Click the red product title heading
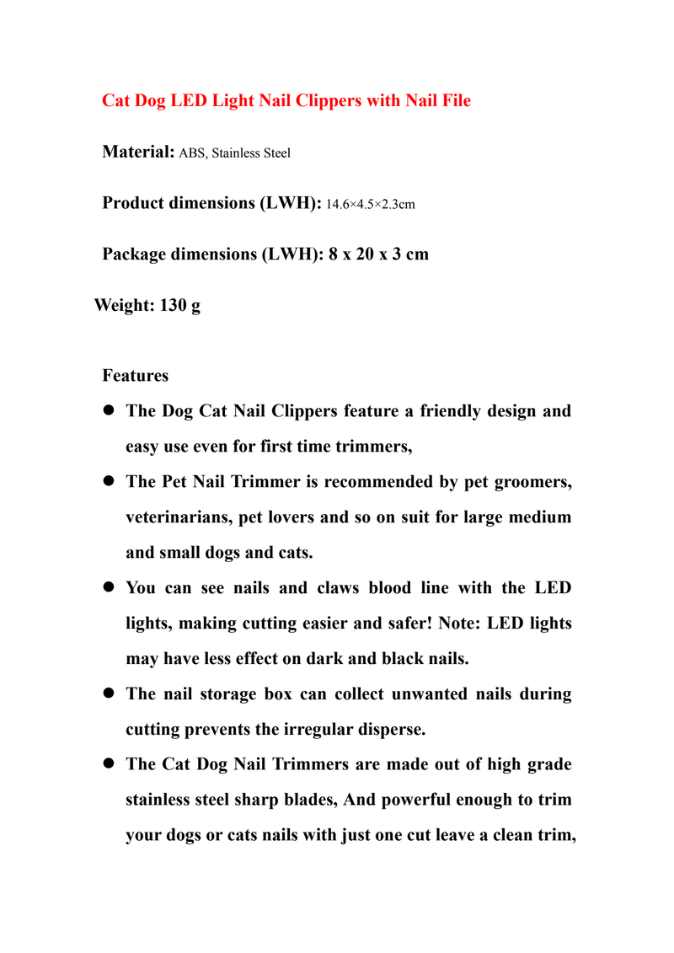pyautogui.click(x=286, y=101)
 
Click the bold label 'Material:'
pyautogui.click(x=138, y=153)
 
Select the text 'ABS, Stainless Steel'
pyautogui.click(x=235, y=153)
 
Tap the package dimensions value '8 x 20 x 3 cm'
pyautogui.click(x=378, y=254)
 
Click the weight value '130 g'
pyautogui.click(x=179, y=305)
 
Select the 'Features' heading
pyautogui.click(x=135, y=375)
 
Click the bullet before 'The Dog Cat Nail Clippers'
pyautogui.click(x=108, y=412)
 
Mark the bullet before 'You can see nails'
pyautogui.click(x=108, y=588)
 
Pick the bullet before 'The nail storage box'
pyautogui.click(x=108, y=694)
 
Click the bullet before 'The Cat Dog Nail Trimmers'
pyautogui.click(x=108, y=764)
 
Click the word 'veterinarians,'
pyautogui.click(x=179, y=517)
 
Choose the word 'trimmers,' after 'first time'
pyautogui.click(x=377, y=447)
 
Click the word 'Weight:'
pyautogui.click(x=123, y=305)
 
